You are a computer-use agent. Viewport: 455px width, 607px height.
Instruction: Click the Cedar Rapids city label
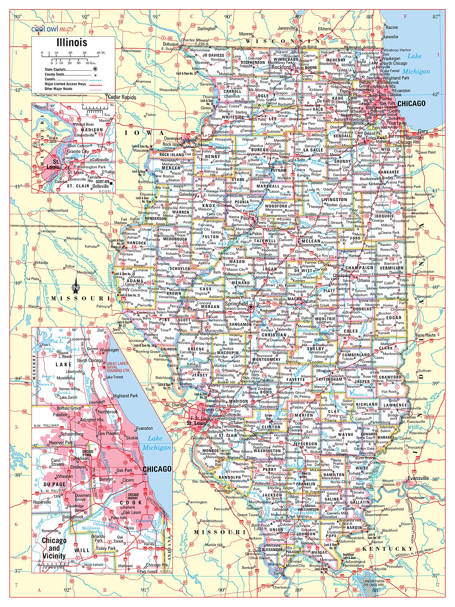(122, 97)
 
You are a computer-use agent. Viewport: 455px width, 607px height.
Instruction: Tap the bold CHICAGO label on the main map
(411, 103)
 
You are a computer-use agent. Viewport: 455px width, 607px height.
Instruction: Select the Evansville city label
(418, 478)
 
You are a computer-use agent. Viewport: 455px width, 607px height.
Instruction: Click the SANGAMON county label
(240, 324)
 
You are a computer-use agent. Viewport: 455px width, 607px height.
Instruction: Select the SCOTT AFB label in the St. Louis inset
(102, 181)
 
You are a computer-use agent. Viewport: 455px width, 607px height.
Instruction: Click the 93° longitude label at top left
(18, 17)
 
